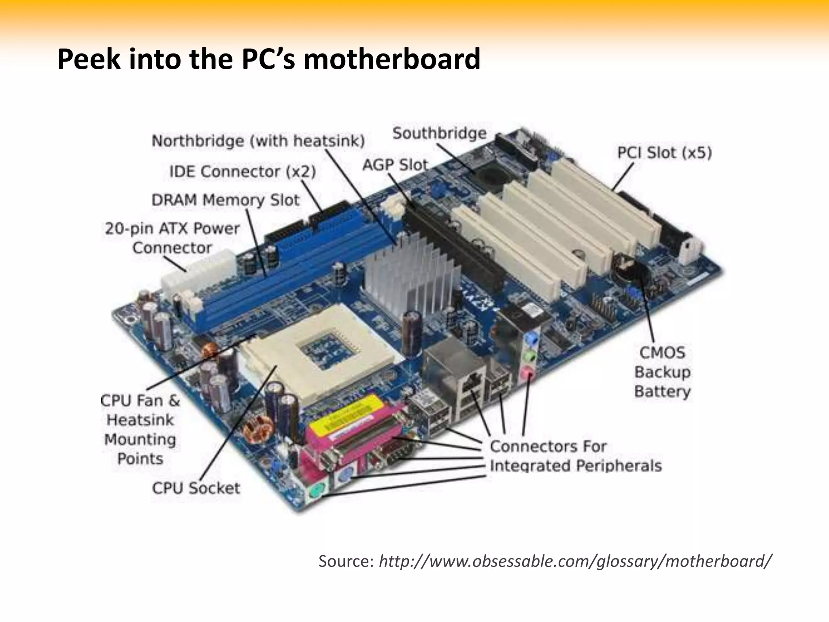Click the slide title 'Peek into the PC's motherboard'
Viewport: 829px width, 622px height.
[x=269, y=59]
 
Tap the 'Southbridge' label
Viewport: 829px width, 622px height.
[x=440, y=133]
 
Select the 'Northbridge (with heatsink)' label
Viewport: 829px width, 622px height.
[x=258, y=141]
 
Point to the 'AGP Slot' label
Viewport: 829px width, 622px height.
[x=395, y=165]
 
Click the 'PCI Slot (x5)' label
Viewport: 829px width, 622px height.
[x=664, y=153]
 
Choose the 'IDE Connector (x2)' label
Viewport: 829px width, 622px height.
[x=242, y=171]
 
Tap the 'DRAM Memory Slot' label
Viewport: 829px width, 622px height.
[x=225, y=200]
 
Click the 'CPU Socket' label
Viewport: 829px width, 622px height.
[x=196, y=488]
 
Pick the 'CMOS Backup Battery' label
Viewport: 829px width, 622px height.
[x=662, y=372]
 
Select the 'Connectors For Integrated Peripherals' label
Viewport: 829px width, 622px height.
[x=575, y=456]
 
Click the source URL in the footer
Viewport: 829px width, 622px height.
[x=575, y=561]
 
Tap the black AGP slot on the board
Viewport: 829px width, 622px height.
[x=453, y=243]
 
